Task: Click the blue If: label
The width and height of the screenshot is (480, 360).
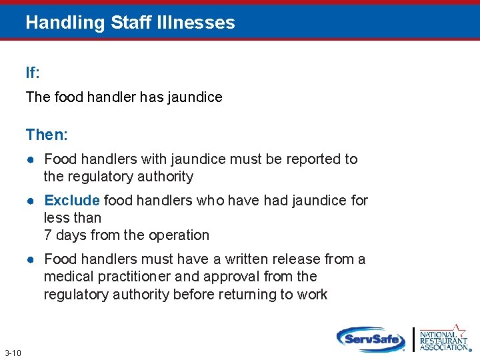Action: coord(33,73)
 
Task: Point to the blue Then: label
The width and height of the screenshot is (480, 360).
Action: coord(47,135)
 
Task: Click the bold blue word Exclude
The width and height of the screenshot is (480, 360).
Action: coord(72,200)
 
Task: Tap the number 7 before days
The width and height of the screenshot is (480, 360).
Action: coord(47,235)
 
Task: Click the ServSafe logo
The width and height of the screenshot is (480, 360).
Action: coord(371,339)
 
